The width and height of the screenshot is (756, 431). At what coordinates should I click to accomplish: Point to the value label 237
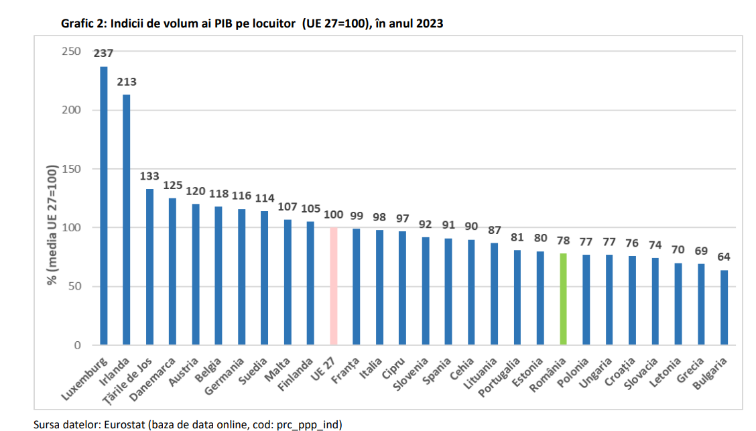coord(103,54)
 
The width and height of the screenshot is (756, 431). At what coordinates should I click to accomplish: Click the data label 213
coord(127,82)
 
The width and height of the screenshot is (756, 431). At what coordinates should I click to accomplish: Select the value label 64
coord(724,257)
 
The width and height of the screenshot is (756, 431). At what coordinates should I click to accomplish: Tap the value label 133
coord(149,176)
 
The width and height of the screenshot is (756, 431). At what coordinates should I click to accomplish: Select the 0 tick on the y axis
coord(77,345)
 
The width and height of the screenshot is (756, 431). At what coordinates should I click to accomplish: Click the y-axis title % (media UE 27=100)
coord(52,226)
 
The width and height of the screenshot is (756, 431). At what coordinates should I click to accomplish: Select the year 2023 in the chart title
coord(429,23)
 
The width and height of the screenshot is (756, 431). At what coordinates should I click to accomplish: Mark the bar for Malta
coord(288,282)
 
